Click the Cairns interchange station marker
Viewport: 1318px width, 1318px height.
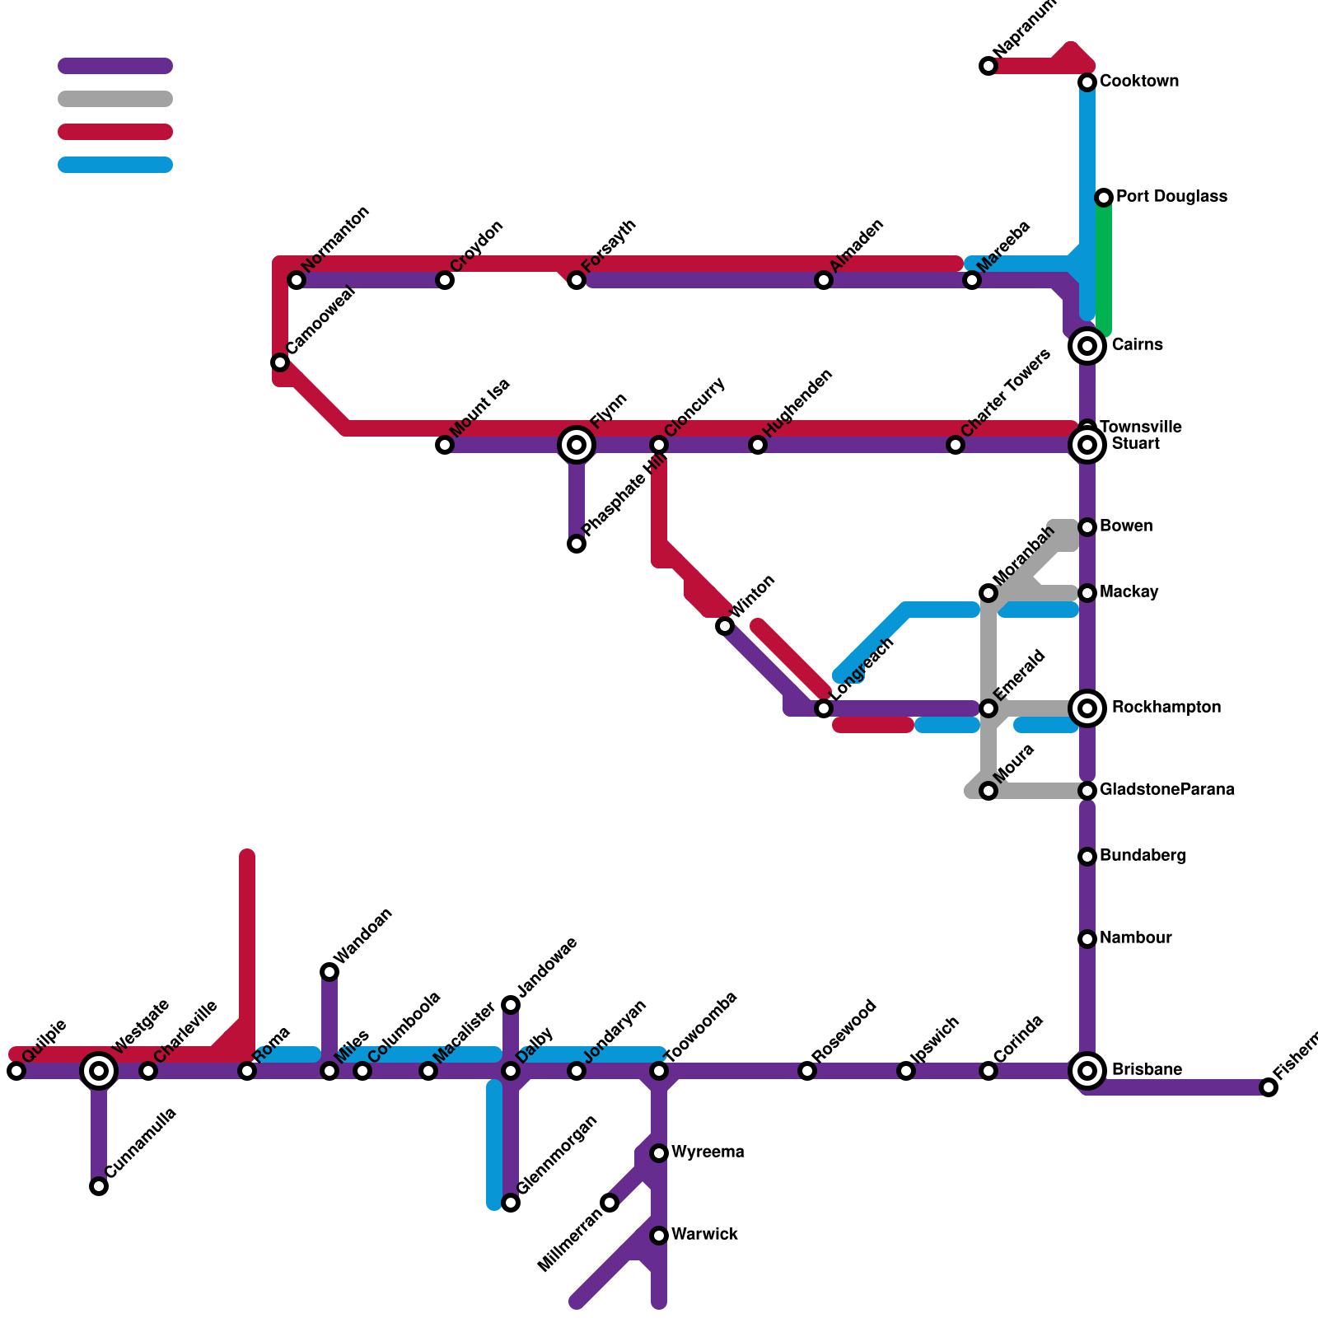(x=1087, y=346)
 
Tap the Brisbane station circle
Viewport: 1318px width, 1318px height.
(x=1087, y=1070)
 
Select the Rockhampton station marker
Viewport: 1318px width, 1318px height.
(x=1087, y=708)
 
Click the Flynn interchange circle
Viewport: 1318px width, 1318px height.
(x=577, y=445)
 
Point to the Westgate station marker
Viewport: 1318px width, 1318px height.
(x=99, y=1070)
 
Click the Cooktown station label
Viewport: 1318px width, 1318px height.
(x=1138, y=82)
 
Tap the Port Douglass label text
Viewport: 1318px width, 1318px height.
(x=1171, y=197)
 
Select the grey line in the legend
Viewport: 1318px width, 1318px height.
(x=115, y=99)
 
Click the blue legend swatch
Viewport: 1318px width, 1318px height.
(x=115, y=165)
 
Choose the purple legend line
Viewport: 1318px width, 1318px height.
(x=115, y=66)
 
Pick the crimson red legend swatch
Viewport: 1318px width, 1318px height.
(x=115, y=132)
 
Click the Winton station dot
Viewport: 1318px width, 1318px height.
(x=725, y=626)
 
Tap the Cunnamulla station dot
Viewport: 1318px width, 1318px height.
(x=99, y=1186)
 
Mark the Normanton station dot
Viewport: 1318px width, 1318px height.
(x=297, y=280)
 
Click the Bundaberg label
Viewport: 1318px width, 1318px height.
(x=1143, y=856)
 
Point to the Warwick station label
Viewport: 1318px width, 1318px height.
(x=704, y=1235)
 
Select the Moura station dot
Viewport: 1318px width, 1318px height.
(x=988, y=791)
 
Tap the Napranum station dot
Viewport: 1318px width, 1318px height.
(x=988, y=66)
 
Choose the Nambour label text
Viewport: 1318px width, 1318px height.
(x=1135, y=938)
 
